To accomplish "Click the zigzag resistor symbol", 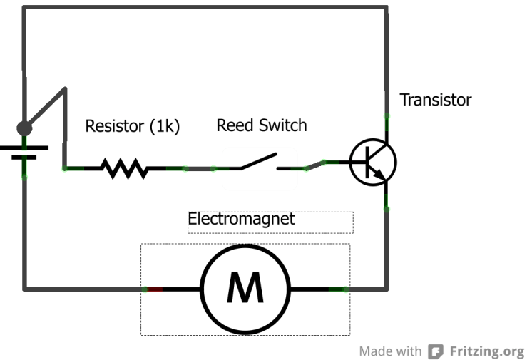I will click(x=125, y=169).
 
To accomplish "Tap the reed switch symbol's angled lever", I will click(x=258, y=161).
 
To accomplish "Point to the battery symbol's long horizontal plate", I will click(x=24, y=148).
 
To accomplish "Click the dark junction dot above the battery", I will click(x=24, y=128).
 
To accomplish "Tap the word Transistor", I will click(x=435, y=100).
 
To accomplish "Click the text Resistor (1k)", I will click(x=133, y=127).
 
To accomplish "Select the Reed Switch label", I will click(x=261, y=126).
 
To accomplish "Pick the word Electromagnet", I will click(x=241, y=219).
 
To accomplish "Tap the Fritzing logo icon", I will click(x=435, y=351).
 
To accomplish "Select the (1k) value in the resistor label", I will click(x=165, y=127).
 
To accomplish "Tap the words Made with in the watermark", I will click(x=390, y=351).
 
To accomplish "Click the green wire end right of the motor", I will click(x=338, y=289).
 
